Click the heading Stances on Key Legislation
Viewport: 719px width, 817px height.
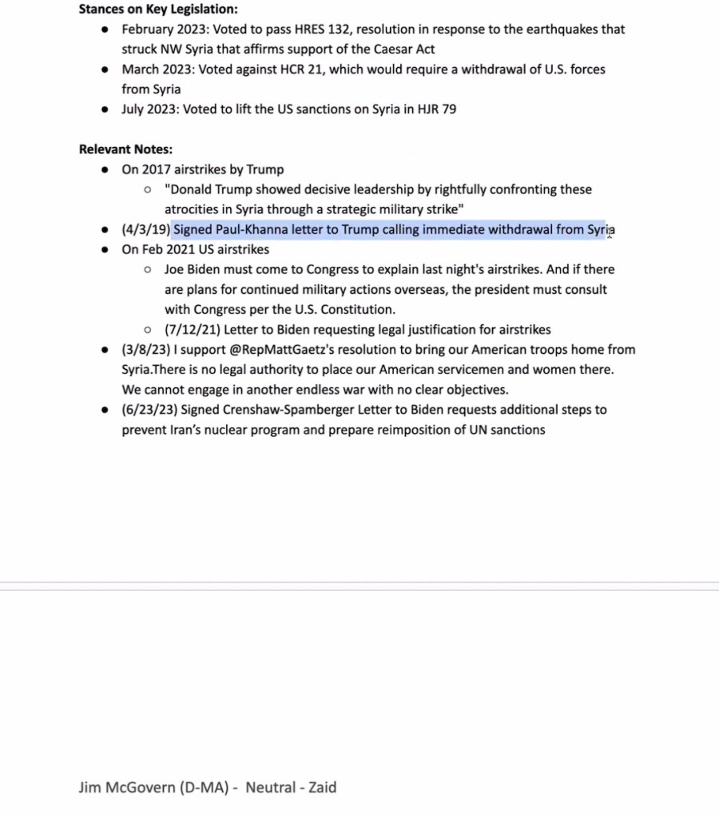(158, 10)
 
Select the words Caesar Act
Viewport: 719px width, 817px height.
(399, 50)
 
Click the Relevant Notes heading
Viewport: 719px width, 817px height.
(125, 149)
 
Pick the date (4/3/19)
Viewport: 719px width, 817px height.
(145, 230)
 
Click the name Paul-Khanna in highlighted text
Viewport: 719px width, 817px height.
(251, 230)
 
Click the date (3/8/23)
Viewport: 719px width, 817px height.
(145, 350)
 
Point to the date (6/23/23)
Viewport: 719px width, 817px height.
(149, 410)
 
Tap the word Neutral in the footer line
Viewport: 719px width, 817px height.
(271, 787)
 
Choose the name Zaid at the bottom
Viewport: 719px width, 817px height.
(321, 787)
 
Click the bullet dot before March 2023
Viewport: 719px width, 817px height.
(105, 69)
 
